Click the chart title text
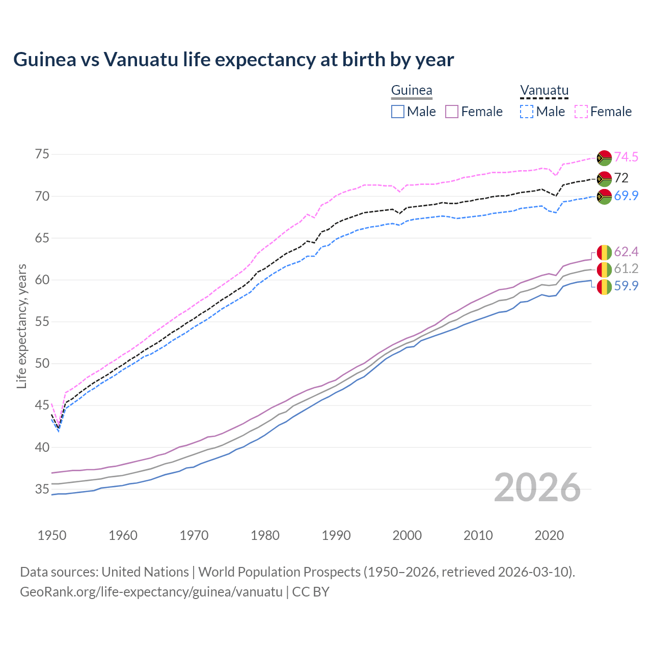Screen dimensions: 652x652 tap(233, 60)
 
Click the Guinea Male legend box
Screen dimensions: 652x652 tap(398, 112)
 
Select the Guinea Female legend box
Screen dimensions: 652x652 tap(452, 112)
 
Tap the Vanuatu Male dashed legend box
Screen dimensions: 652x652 tap(527, 112)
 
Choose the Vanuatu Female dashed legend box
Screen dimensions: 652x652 tap(581, 112)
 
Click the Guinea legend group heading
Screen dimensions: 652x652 tap(411, 91)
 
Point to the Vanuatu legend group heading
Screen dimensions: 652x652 tap(544, 91)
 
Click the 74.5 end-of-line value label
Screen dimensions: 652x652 tap(626, 157)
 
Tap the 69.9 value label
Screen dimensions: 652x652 tap(626, 196)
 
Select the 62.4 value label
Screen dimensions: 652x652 tap(626, 252)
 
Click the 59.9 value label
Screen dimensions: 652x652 tap(626, 286)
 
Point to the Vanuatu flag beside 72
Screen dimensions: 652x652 tap(604, 178)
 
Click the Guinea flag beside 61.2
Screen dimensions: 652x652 tap(604, 269)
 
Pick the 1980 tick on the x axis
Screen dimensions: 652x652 tap(265, 535)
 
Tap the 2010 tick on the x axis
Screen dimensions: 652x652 tap(478, 535)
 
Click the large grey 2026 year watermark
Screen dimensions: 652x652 tap(537, 488)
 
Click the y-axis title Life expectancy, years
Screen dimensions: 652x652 tap(22, 326)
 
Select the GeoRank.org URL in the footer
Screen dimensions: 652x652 tap(151, 592)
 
